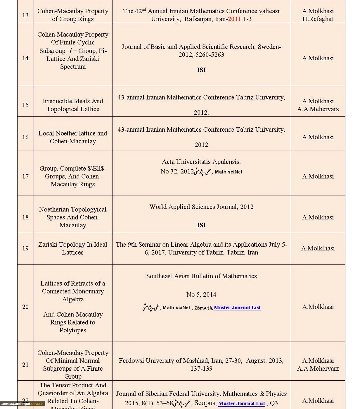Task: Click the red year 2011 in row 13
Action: tap(234, 19)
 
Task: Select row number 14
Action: tap(25, 58)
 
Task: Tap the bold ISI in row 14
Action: tap(201, 70)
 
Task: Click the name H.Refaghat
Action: tap(318, 19)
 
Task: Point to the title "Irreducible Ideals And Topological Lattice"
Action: tap(73, 105)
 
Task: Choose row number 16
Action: tap(25, 137)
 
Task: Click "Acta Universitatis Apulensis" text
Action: tap(201, 162)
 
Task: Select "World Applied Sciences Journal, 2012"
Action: tap(201, 207)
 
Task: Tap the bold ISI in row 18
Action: tap(201, 225)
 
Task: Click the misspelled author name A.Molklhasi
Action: tap(318, 248)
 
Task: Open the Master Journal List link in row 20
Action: tap(237, 307)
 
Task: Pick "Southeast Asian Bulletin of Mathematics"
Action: tap(201, 276)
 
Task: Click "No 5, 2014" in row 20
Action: tap(201, 295)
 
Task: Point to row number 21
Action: tap(25, 365)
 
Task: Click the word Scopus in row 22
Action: tap(205, 403)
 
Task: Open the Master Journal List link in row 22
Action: tap(241, 403)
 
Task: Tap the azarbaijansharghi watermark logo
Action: tap(22, 404)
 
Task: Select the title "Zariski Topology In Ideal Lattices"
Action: tap(73, 248)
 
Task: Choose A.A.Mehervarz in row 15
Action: tap(318, 109)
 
